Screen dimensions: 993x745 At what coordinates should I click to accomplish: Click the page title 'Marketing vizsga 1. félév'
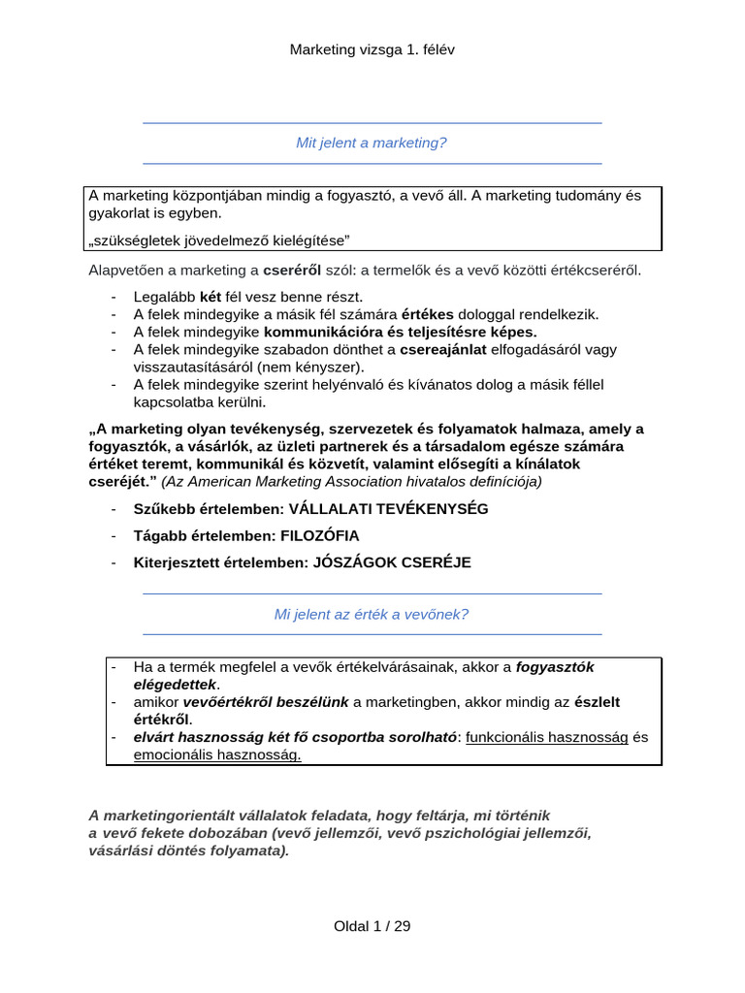[372, 49]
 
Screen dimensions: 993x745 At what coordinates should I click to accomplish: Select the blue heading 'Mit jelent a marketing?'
[372, 143]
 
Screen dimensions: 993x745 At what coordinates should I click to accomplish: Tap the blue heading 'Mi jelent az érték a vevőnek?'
[372, 614]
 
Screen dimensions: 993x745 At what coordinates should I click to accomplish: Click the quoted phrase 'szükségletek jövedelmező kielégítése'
[218, 240]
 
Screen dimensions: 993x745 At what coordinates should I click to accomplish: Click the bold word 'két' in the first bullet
[211, 297]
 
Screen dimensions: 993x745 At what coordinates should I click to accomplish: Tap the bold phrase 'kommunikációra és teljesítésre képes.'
[400, 332]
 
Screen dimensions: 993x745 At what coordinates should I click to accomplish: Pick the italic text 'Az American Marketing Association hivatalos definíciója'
[352, 480]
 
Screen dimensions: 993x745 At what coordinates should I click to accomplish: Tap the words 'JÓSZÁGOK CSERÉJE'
[392, 562]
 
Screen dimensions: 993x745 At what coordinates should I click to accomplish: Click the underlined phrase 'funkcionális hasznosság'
[547, 737]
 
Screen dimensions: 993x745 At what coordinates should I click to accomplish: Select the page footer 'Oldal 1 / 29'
[372, 926]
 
